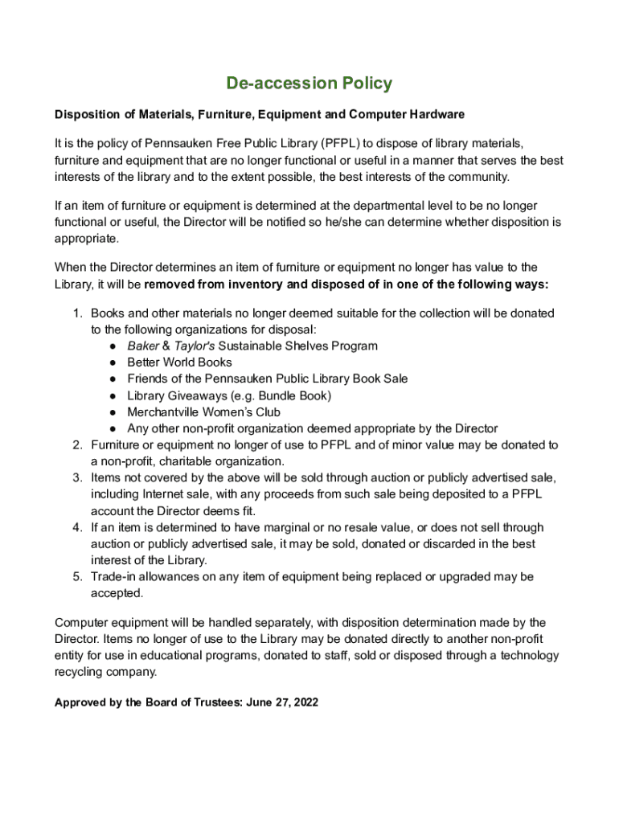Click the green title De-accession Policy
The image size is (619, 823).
309,83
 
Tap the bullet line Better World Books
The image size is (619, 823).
179,362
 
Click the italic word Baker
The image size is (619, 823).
143,346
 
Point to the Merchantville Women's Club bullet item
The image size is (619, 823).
203,412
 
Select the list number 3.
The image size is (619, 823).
78,478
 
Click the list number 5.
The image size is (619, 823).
78,577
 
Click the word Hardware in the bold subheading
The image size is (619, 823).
437,115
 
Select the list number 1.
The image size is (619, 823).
78,313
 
